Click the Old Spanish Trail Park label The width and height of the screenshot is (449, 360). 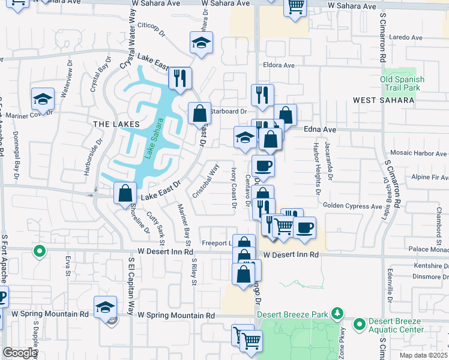click(x=402, y=83)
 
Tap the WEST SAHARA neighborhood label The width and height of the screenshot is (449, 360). click(x=383, y=100)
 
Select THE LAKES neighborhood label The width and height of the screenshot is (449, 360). click(x=116, y=124)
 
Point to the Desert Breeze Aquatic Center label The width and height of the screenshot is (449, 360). click(x=391, y=325)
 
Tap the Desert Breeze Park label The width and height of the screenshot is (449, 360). click(x=293, y=314)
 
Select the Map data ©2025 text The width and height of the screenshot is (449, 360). click(x=423, y=355)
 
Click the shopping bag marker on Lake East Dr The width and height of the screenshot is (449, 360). click(x=125, y=194)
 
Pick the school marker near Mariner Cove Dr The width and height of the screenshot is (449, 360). click(x=43, y=98)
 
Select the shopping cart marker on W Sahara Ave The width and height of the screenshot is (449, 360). click(x=295, y=7)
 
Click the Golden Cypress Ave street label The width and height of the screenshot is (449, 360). click(x=352, y=206)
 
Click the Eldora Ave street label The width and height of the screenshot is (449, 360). click(x=279, y=65)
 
